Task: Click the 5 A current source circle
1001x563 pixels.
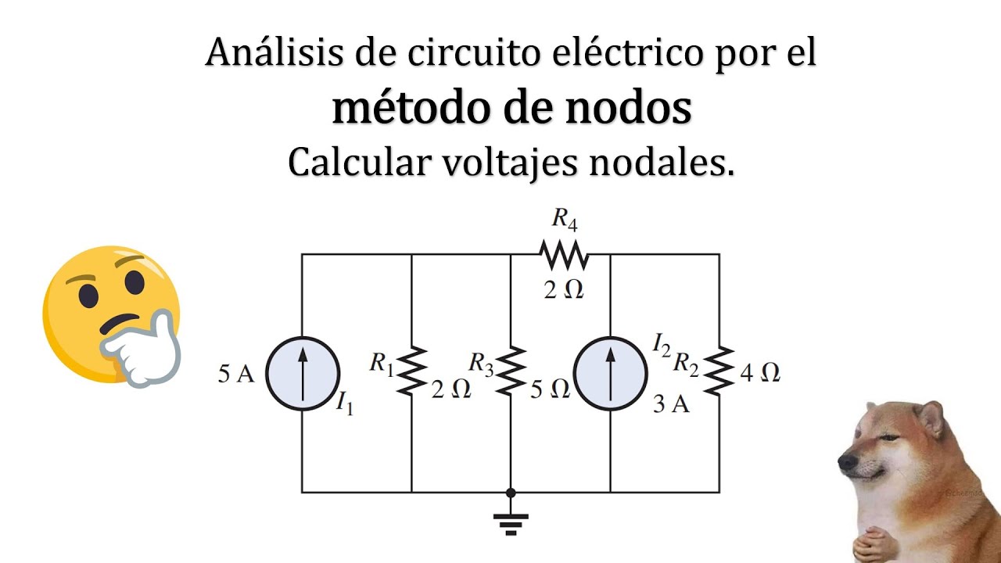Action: click(303, 374)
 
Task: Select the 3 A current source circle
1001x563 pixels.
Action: click(610, 374)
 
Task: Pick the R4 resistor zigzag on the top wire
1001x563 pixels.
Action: click(563, 254)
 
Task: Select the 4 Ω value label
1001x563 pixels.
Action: click(759, 373)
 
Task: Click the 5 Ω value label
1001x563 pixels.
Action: click(550, 389)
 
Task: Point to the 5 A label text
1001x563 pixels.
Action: click(236, 375)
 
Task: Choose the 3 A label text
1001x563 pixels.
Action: click(671, 405)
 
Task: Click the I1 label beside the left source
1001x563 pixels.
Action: click(344, 404)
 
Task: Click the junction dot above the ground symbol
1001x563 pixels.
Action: click(511, 493)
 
